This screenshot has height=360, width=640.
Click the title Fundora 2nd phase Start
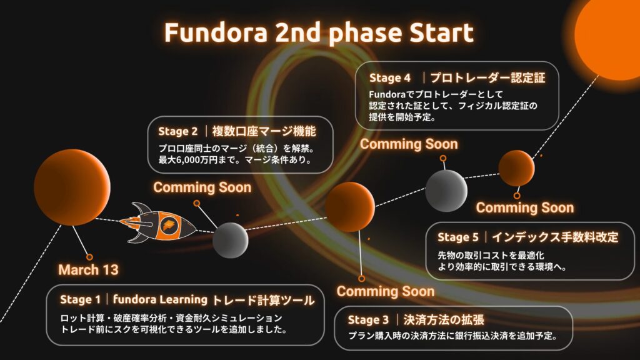click(319, 32)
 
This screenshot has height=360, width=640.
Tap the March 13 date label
click(88, 270)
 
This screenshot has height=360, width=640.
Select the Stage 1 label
click(80, 299)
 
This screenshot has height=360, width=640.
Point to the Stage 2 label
click(178, 131)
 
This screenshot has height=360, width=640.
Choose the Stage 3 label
click(368, 320)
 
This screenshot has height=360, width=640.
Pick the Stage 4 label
click(390, 78)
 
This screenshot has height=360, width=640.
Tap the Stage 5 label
click(458, 237)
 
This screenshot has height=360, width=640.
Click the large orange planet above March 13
click(72, 187)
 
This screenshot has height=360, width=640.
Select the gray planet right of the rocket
click(230, 241)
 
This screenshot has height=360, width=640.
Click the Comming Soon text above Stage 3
click(385, 291)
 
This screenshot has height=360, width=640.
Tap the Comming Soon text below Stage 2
click(202, 187)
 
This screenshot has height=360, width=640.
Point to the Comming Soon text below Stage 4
click(409, 144)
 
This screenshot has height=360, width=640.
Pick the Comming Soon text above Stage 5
click(525, 207)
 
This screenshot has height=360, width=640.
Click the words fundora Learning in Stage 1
click(160, 299)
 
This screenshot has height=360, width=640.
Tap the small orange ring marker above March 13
click(89, 257)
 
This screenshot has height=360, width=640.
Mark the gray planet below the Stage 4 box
click(446, 191)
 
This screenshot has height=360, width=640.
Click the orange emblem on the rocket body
click(168, 224)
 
